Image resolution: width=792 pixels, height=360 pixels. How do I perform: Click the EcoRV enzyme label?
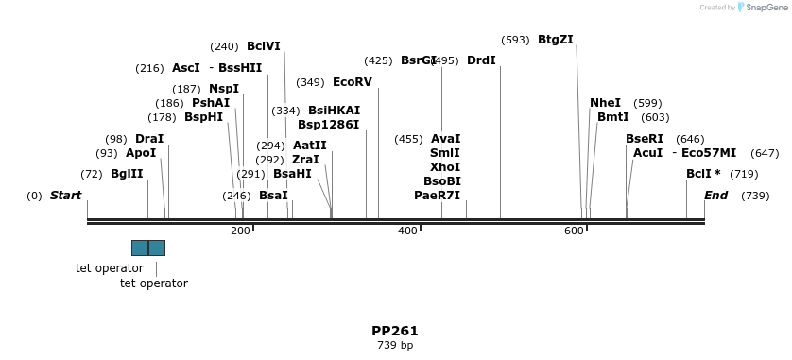(353, 82)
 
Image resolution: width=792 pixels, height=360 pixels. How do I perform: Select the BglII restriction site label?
(127, 174)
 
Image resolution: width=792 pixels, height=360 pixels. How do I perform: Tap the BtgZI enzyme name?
(556, 40)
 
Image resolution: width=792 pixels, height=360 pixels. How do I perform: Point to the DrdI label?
(481, 60)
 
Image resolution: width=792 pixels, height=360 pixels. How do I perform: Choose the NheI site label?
(605, 103)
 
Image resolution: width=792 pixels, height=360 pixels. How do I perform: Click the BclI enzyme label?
(698, 174)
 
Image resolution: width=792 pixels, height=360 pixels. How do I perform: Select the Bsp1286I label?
(328, 125)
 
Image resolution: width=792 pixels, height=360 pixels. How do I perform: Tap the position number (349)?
(310, 82)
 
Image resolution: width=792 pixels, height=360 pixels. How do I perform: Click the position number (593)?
(515, 40)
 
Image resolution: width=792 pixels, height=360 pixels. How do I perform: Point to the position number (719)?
(744, 174)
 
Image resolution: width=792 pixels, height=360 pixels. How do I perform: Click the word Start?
(65, 196)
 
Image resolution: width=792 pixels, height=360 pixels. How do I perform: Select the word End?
(715, 196)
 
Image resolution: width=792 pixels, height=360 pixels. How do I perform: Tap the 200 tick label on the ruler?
(240, 231)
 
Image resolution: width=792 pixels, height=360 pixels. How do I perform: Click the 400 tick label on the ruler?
(407, 231)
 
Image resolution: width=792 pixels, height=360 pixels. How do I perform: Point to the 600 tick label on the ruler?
(574, 231)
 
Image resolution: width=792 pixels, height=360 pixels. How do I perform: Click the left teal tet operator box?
(140, 248)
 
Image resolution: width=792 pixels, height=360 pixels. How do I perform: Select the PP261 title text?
(395, 332)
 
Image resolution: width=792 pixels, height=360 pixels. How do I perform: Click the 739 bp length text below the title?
(395, 346)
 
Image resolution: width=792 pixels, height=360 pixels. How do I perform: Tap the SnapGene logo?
(762, 7)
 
